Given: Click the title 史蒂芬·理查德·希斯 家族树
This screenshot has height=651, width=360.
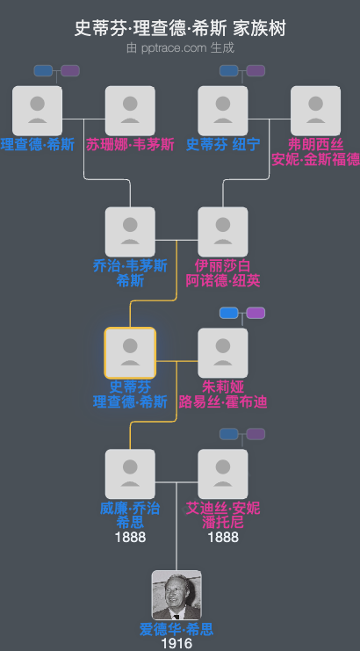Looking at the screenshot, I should tap(180, 29).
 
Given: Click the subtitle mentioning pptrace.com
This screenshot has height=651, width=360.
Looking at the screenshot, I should tap(180, 47).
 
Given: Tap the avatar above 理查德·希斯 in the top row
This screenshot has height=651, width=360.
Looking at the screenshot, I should tap(38, 111).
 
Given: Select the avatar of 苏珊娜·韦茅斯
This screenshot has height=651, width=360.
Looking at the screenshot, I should tap(130, 111).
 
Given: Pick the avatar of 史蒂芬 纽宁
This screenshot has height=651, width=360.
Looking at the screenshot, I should tap(223, 111).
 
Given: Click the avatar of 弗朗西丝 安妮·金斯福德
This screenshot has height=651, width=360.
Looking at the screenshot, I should tap(315, 111).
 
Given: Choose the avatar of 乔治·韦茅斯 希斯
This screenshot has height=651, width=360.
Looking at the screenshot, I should tap(130, 232).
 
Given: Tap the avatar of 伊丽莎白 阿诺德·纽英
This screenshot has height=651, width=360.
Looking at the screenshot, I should tap(223, 232).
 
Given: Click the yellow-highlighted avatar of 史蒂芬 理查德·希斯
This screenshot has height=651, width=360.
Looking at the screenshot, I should tap(130, 353).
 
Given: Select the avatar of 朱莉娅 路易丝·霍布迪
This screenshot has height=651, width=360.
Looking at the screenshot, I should tap(223, 353).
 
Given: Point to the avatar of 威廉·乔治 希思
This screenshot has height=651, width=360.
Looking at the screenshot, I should tap(130, 474).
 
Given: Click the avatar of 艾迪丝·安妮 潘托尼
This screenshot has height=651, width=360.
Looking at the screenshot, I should tap(223, 474).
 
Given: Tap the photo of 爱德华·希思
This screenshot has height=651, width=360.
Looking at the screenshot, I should tap(176, 596).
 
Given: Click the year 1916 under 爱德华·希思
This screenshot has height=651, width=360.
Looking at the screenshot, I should tap(176, 644).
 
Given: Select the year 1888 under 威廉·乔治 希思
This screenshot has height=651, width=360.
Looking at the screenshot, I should tap(130, 537).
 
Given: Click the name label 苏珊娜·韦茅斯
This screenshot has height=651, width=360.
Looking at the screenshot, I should tap(130, 144).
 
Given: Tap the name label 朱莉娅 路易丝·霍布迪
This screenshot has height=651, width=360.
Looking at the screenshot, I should tap(223, 394).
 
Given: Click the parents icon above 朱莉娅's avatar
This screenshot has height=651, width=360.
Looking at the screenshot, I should tap(242, 313).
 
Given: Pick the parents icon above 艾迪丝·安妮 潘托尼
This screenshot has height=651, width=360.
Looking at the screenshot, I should tap(242, 434).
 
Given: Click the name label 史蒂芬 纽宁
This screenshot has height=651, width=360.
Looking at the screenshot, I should tap(223, 144).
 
